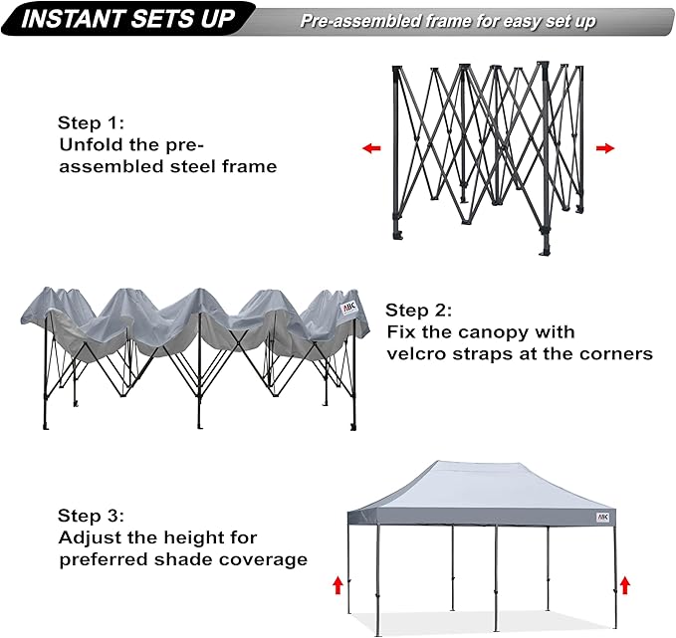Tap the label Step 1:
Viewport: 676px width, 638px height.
91,122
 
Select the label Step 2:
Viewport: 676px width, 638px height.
419,310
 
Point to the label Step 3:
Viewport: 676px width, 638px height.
91,516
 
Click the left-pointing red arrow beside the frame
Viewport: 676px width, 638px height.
371,148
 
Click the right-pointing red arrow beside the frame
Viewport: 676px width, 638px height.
604,148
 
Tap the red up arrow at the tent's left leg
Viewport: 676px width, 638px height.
337,584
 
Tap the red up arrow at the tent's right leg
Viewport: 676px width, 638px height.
624,584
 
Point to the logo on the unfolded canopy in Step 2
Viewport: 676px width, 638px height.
350,309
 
